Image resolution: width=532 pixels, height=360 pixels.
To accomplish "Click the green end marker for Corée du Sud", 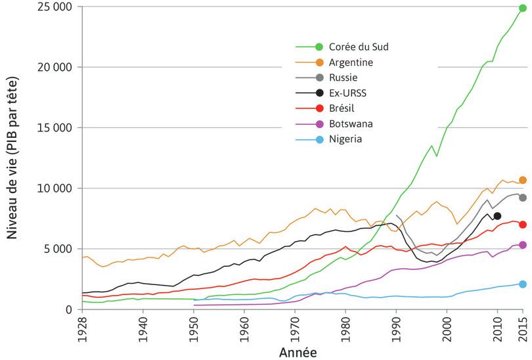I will click(x=523, y=8).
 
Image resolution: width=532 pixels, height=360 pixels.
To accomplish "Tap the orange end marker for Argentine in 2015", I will click(x=523, y=180).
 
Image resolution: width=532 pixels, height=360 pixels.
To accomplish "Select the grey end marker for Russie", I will click(x=523, y=198).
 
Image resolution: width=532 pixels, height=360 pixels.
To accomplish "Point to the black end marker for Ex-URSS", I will click(x=497, y=216).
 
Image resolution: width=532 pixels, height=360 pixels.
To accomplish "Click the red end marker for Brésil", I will click(x=523, y=225).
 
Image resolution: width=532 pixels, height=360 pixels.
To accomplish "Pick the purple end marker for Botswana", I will click(x=523, y=245).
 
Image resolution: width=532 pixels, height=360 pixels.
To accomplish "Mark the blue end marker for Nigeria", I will click(x=523, y=284).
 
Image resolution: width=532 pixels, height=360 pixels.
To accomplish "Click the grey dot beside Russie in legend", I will click(x=319, y=78).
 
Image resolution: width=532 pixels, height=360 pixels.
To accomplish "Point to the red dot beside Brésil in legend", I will click(x=319, y=108).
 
